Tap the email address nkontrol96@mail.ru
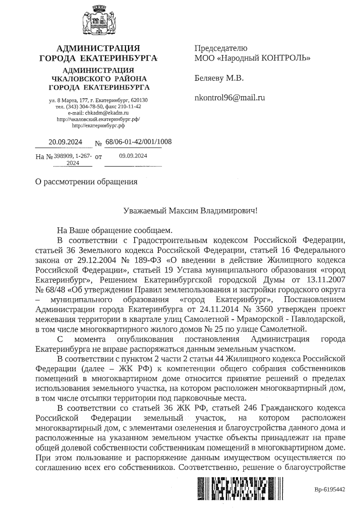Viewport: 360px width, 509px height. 229,97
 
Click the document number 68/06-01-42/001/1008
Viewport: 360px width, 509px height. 138,142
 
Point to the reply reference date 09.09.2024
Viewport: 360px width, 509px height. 133,155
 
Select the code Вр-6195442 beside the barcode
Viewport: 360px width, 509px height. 330,490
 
